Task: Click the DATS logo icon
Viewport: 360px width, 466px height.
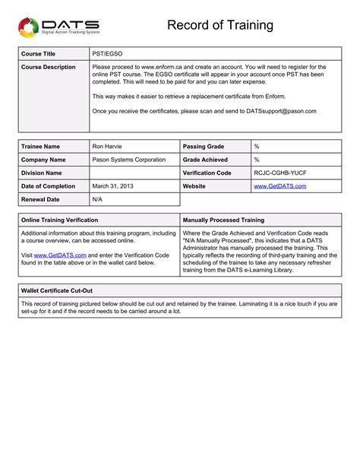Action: coord(28,28)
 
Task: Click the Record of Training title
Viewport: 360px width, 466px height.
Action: coord(220,26)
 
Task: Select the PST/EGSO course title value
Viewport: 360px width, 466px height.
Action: coord(107,54)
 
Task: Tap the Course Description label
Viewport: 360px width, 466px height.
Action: coord(49,68)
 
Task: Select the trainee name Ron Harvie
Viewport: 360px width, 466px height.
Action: coord(107,146)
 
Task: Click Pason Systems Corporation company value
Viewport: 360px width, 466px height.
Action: coord(128,160)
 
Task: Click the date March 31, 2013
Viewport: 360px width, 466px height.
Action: coord(112,186)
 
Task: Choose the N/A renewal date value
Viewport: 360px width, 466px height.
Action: coord(97,200)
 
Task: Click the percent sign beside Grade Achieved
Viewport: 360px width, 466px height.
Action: coord(257,160)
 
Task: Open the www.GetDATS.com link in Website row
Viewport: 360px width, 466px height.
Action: coord(279,186)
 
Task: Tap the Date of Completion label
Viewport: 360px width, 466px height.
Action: coord(49,186)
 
